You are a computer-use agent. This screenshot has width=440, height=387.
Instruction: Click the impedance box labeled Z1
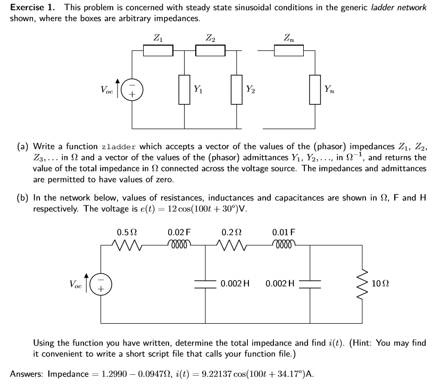[x=158, y=50]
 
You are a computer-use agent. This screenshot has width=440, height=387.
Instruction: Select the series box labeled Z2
[x=211, y=50]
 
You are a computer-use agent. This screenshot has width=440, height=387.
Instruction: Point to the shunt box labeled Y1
[x=185, y=89]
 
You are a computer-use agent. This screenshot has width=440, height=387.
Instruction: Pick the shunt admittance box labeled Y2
[x=237, y=89]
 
